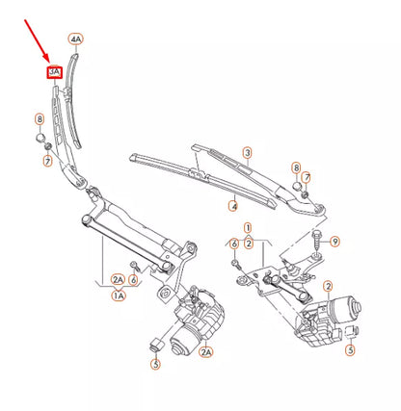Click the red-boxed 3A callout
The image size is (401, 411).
click(55, 70)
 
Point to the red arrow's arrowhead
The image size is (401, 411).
click(47, 60)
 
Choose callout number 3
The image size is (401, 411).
click(247, 153)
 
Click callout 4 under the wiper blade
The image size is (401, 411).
click(232, 205)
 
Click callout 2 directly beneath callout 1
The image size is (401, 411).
click(249, 244)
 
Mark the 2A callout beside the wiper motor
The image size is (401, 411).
click(205, 353)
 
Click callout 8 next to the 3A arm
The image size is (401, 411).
click(40, 118)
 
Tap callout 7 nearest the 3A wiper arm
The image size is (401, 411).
click(46, 160)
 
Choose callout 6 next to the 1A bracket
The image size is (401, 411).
click(134, 279)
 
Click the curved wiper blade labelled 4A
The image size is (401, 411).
click(73, 96)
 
